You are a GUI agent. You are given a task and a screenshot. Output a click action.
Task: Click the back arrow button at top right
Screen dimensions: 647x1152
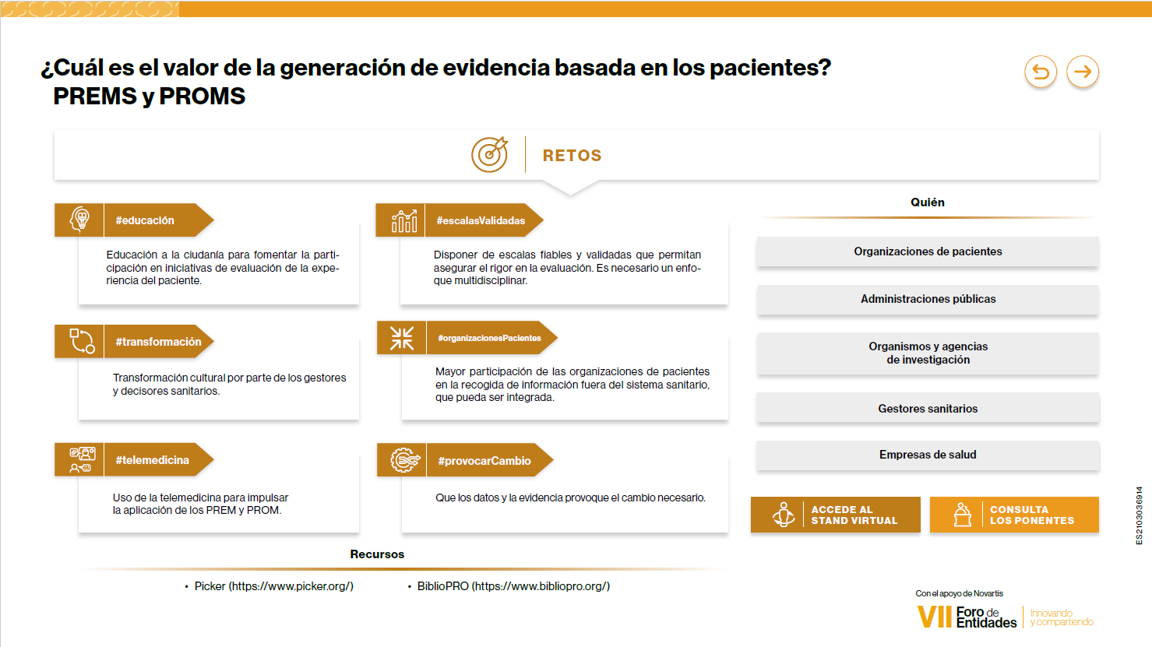coord(1041,72)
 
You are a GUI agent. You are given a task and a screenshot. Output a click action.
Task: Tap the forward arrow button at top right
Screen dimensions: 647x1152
coord(1083,72)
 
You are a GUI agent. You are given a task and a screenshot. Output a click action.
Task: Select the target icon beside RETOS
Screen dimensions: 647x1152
coord(489,154)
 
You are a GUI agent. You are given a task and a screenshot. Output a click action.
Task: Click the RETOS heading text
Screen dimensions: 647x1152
coord(572,156)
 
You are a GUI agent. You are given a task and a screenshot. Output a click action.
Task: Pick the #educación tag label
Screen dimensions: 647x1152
coord(145,220)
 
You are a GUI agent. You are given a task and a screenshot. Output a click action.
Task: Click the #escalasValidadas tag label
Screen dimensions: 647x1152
coord(481,220)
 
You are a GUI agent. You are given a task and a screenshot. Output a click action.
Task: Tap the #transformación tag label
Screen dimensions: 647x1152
coord(158,342)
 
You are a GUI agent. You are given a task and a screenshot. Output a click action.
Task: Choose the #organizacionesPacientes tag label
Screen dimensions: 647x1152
coord(489,338)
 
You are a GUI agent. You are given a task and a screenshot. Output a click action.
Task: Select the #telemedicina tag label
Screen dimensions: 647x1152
coord(152,460)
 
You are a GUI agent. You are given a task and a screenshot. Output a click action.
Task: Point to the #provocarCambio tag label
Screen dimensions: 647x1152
coord(484,461)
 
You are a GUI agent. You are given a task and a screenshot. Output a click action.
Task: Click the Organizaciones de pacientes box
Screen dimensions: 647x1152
coord(928,251)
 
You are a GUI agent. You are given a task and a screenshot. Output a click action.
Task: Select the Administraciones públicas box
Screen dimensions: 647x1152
coord(928,299)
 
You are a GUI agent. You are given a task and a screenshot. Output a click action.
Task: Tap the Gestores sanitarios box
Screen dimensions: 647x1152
coord(928,409)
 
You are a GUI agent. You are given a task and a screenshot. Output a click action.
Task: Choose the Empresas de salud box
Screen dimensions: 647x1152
coord(928,455)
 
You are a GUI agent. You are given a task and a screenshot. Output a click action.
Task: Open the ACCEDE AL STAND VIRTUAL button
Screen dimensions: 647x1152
coord(836,515)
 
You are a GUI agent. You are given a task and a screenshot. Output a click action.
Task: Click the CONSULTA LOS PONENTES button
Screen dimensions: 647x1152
coord(1014,515)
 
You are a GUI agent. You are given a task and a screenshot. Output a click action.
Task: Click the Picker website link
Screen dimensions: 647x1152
coord(273,586)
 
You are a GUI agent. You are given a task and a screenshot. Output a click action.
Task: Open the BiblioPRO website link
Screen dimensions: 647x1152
coord(513,586)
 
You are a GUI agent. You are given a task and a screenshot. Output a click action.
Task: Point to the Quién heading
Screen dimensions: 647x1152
coord(927,202)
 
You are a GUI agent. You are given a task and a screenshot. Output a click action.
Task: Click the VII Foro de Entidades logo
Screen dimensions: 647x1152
coord(967,617)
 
